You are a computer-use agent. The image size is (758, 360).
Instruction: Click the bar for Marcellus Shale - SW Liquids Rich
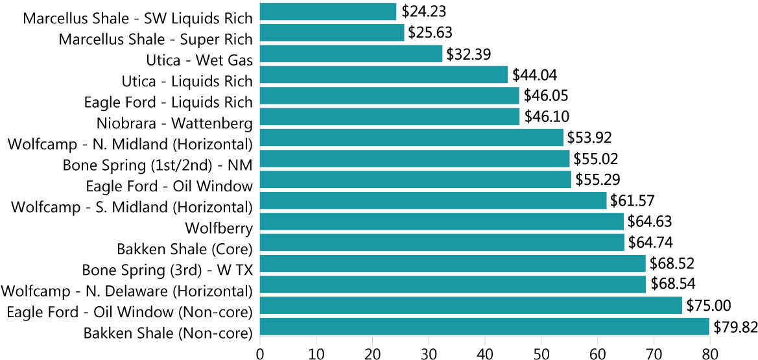pos(328,12)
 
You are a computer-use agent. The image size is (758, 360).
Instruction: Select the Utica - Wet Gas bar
pos(351,54)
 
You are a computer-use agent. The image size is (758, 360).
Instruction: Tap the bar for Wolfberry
pos(442,222)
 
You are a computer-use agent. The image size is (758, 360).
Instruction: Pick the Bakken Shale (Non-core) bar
pos(484,327)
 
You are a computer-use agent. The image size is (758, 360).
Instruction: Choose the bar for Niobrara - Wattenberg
pos(390,117)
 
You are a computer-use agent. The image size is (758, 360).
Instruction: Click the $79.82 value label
pos(735,327)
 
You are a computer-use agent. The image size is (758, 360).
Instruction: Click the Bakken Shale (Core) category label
pos(185,248)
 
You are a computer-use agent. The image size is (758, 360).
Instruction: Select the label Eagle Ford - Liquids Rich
pos(169,102)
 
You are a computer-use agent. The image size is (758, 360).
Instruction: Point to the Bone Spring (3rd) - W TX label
pos(167,269)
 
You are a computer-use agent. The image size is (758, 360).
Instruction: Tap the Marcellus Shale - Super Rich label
pos(156,39)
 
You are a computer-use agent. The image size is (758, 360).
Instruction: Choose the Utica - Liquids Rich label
pos(187,81)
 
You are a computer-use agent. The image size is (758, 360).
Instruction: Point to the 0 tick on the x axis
pos(260,354)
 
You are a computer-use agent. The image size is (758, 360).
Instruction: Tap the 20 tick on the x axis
pos(372,354)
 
